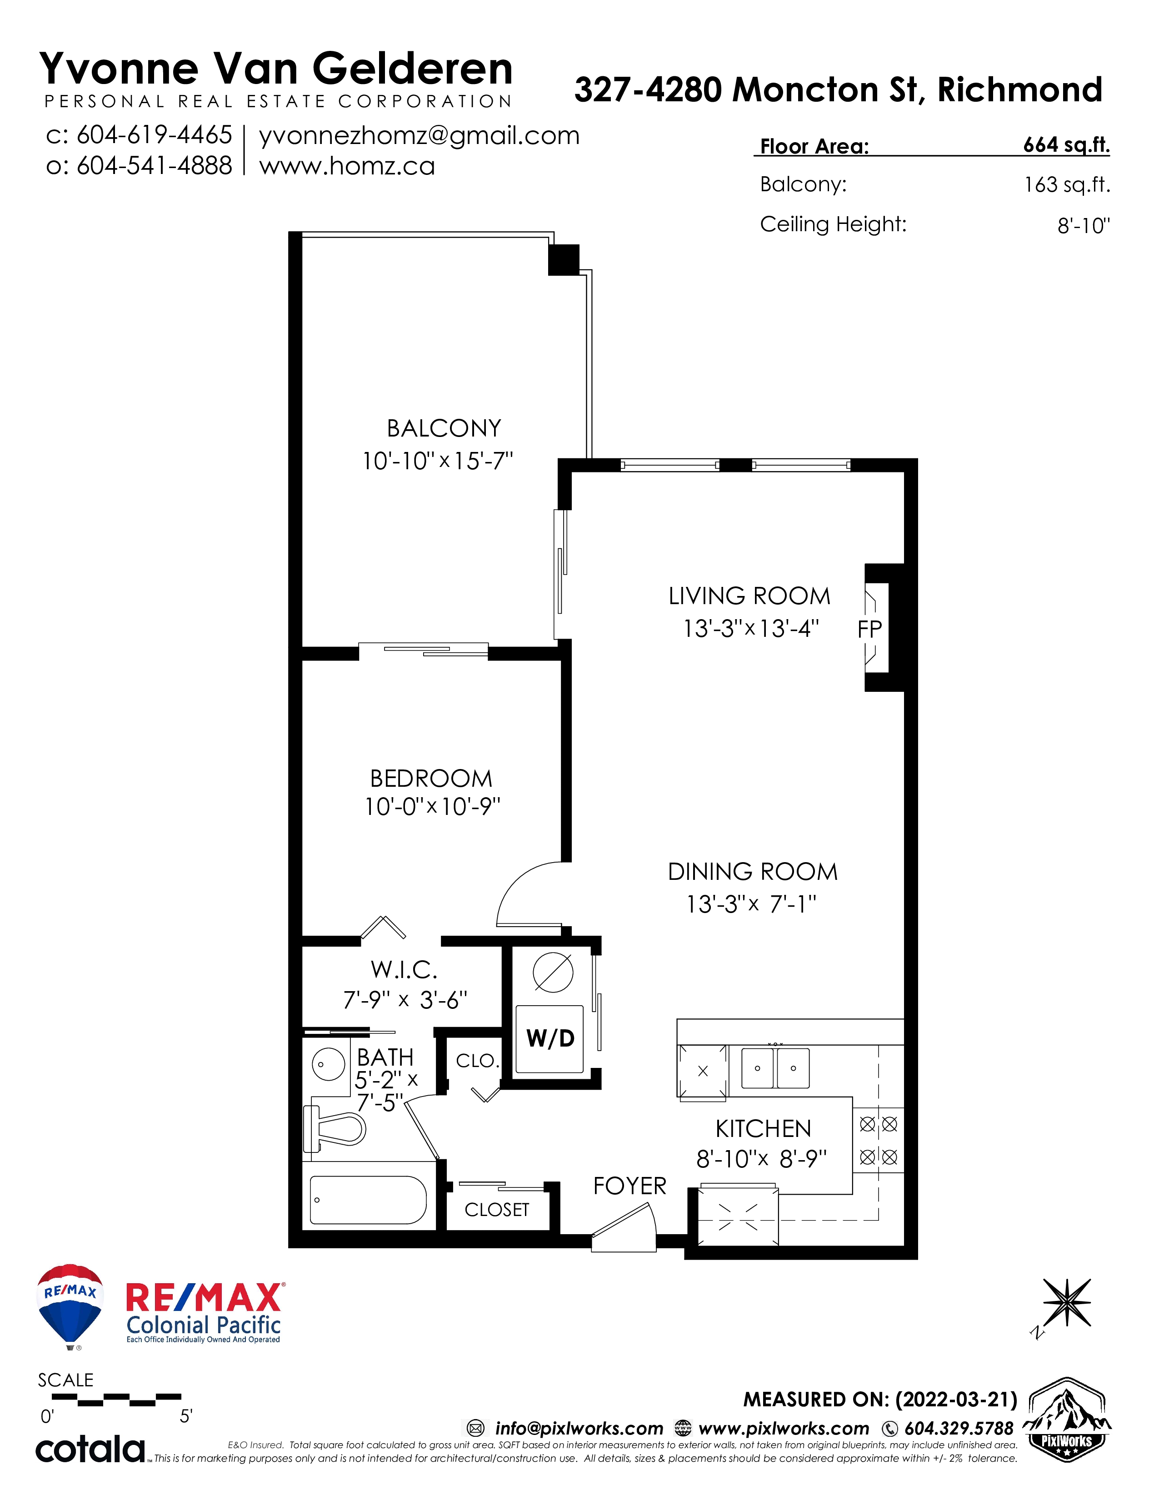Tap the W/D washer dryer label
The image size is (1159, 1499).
550,1038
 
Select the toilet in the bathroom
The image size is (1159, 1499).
335,1129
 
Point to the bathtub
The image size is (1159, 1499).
368,1200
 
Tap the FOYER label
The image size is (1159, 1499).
629,1186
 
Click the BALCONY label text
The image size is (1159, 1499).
444,428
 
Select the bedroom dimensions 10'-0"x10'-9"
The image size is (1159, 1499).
433,806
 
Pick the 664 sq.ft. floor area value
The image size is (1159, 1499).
1066,145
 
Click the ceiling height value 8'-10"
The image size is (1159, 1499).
1084,225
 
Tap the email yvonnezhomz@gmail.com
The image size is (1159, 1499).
419,136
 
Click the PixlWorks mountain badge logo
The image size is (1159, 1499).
1066,1420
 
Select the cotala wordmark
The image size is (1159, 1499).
90,1449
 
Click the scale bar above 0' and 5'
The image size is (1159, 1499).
117,1400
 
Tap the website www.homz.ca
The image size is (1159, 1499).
347,166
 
